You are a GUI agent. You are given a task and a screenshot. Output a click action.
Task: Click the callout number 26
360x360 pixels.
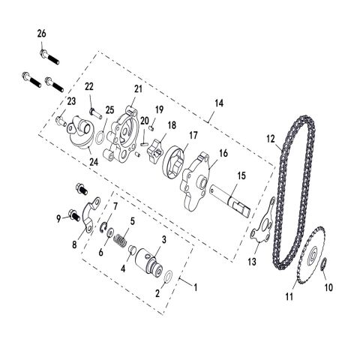tap(41, 32)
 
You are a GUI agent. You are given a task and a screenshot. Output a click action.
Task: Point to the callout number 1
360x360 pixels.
tap(197, 286)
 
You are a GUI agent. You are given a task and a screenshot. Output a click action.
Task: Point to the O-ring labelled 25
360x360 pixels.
tap(99, 136)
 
